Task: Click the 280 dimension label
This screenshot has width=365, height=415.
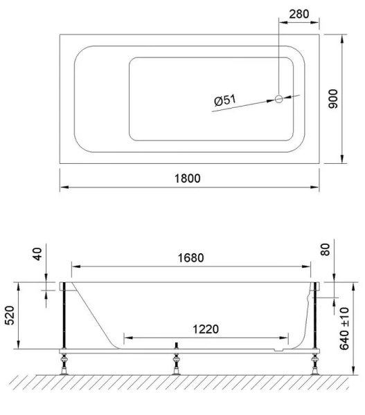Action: click(x=299, y=13)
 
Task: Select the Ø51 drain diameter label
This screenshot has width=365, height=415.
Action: click(x=225, y=101)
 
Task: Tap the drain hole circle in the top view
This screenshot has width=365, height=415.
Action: click(x=279, y=99)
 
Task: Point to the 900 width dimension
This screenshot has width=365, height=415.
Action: click(x=353, y=97)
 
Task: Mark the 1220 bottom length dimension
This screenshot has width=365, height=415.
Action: click(x=206, y=329)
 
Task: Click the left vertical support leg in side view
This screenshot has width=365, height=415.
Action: click(x=64, y=318)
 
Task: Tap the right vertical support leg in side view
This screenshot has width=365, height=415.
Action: click(x=315, y=318)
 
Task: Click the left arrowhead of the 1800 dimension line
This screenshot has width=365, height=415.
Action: click(x=62, y=187)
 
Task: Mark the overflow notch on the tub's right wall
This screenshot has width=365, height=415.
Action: click(x=307, y=297)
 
